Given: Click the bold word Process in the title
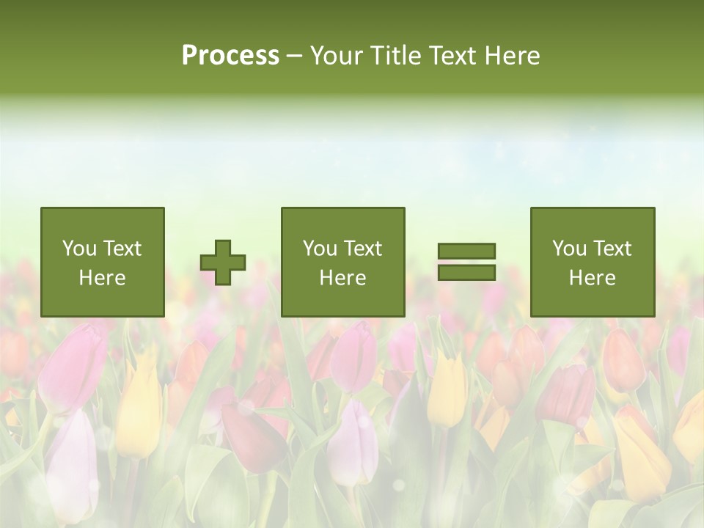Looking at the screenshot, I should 230,56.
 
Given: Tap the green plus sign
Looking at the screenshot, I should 223,263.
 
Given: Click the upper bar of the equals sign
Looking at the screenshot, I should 466,251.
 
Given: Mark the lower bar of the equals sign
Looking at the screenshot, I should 466,273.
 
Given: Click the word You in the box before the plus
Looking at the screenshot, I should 79,249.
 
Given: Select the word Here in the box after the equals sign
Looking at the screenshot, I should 592,278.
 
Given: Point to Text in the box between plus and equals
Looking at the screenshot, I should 363,249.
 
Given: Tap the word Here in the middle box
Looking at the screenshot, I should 342,278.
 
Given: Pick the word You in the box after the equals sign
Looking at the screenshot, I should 569,249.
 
